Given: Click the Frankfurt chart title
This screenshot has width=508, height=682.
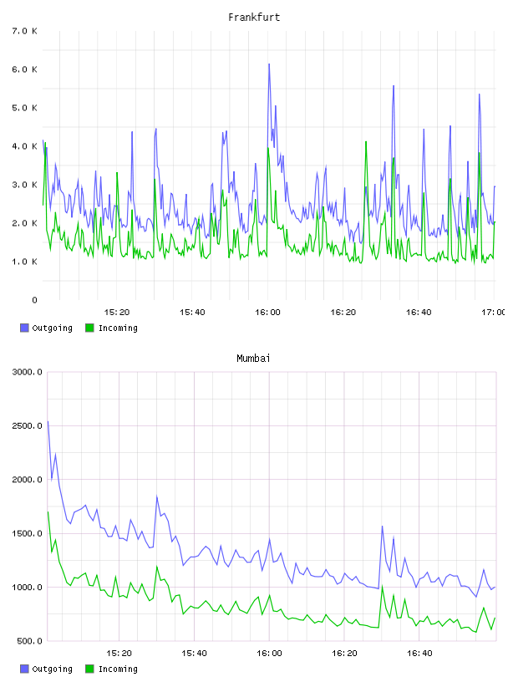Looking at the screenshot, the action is pos(254,18).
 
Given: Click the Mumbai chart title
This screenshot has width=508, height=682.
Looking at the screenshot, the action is pos(253,359).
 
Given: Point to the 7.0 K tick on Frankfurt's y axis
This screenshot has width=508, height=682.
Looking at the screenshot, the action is pos(25,31).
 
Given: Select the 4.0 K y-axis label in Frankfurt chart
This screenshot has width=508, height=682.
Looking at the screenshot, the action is pos(25,146).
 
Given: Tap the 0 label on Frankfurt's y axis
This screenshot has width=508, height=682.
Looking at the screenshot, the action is pos(34,300).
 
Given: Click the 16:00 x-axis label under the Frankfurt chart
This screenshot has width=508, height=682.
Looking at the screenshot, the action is pos(267,313).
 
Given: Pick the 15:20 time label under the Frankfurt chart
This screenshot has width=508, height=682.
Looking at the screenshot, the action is pos(117,313).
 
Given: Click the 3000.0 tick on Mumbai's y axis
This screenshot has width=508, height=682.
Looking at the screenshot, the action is pos(27,372).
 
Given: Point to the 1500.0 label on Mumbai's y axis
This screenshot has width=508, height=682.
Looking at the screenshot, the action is pos(27,533).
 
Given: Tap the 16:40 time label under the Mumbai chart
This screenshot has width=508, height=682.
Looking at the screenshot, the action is pos(419,654).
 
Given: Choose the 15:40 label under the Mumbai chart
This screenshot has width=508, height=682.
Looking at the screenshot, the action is pos(194,654).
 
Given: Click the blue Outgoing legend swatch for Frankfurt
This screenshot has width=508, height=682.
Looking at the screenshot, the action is pos(24,328).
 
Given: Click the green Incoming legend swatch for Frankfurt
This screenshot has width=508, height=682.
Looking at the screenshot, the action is pos(89,328).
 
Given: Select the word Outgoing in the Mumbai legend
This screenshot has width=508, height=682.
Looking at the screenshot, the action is pos(52,669).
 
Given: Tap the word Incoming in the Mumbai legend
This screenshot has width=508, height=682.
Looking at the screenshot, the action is pos(118,669).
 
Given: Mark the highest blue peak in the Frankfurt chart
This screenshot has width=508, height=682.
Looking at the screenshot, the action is pos(269,64).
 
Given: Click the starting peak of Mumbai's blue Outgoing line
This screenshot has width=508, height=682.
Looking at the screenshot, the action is pos(48,421).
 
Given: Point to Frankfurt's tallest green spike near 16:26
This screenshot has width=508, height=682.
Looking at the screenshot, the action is pos(366,142).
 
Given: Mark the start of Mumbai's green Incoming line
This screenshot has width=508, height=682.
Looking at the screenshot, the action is pos(48,512).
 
